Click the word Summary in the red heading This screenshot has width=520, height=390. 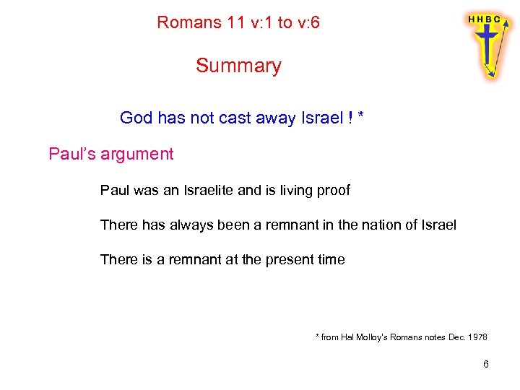pyautogui.click(x=238, y=66)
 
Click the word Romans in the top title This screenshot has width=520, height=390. pyautogui.click(x=189, y=22)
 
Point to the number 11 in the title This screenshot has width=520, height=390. pyautogui.click(x=235, y=22)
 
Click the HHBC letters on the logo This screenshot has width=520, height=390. pyautogui.click(x=485, y=19)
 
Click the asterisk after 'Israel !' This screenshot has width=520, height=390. pyautogui.click(x=360, y=116)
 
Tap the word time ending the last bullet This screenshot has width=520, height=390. pyautogui.click(x=331, y=259)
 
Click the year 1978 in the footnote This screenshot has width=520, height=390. pyautogui.click(x=477, y=337)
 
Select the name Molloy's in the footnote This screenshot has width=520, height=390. pyautogui.click(x=373, y=337)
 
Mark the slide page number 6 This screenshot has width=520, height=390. pyautogui.click(x=486, y=364)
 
